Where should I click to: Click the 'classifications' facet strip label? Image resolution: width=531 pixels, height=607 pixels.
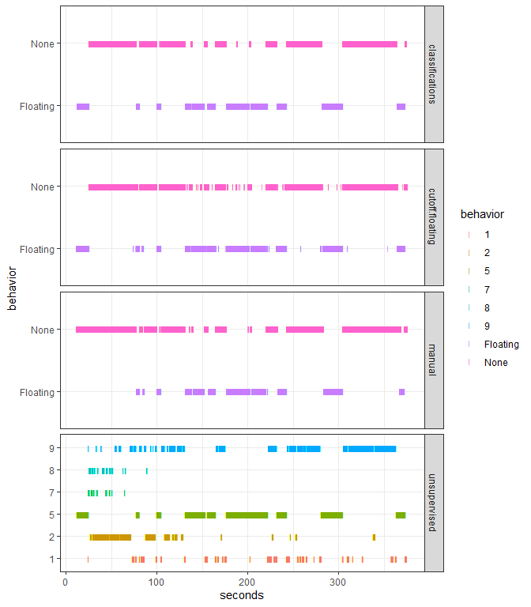point(433,74)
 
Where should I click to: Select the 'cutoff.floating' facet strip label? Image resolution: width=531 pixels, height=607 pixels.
point(433,217)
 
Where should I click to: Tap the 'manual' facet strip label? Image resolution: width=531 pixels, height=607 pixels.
point(433,360)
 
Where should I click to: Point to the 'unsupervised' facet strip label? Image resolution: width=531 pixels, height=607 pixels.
point(433,503)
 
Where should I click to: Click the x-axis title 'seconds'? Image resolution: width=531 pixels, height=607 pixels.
point(242,595)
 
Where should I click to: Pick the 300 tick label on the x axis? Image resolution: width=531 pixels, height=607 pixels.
point(340,582)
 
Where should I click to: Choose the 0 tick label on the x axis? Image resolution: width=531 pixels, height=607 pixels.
point(65,582)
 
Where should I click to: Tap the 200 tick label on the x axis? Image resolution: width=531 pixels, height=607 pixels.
point(248,582)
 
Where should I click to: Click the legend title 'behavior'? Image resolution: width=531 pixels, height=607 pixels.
point(482,213)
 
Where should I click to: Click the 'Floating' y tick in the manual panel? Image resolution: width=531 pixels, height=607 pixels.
point(37,392)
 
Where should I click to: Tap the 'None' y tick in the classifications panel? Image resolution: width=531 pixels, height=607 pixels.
point(43,44)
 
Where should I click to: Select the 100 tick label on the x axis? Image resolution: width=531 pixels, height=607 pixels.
point(156,582)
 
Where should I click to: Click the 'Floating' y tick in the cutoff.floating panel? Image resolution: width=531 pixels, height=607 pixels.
point(37,249)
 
